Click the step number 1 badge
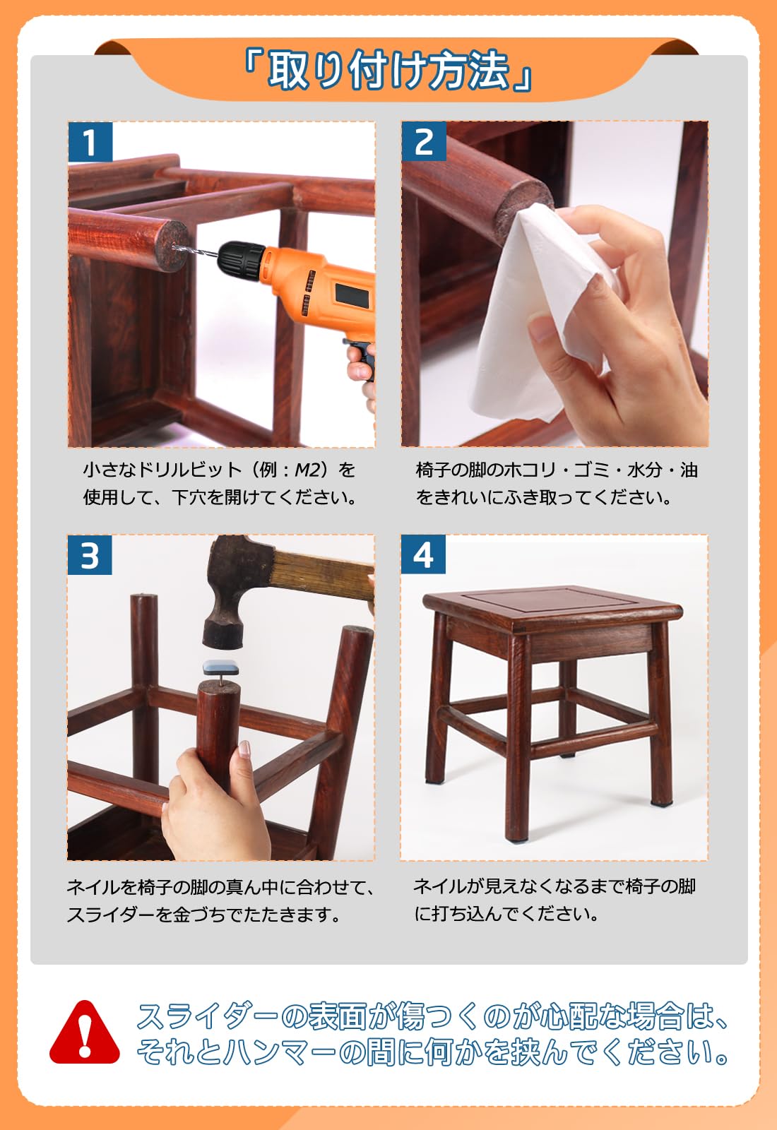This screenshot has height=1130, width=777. coord(90,142)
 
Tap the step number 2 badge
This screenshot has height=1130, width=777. coord(424,141)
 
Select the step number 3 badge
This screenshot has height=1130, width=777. coord(90,555)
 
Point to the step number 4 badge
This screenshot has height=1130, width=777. coord(423,554)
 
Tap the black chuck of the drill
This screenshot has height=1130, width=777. coord(241,256)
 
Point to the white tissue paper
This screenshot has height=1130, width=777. coord(540,313)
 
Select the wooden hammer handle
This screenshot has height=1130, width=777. coord(323,575)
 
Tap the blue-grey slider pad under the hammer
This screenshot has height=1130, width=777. coord(220,668)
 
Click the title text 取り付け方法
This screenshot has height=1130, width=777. coord(388,70)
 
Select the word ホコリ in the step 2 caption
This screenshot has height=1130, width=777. coord(530,470)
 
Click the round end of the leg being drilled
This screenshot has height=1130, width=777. coord(172,246)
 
